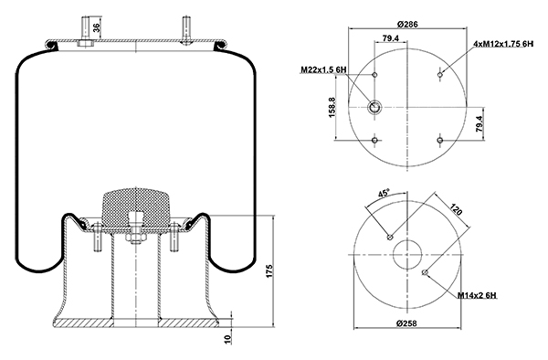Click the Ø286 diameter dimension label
[407, 24]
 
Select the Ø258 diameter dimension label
[406, 323]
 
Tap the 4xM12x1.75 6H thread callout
[503, 44]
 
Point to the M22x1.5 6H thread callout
[323, 70]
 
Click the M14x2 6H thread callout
[477, 296]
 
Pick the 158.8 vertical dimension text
[332, 107]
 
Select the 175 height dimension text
[269, 271]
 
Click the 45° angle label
[384, 193]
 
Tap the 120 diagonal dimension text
[456, 210]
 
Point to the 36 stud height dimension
[97, 27]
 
